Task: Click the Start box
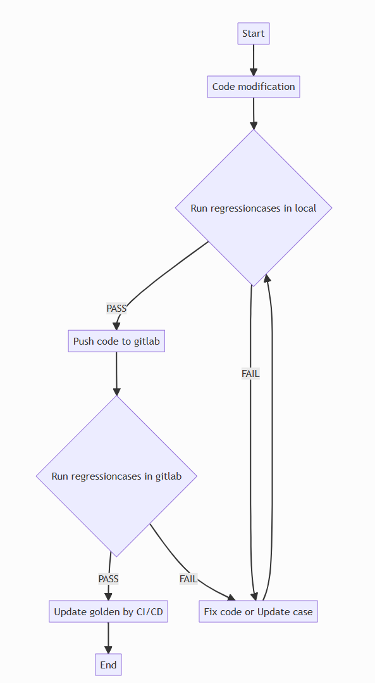coord(254,34)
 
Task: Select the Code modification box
coord(254,87)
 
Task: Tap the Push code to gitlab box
coord(116,341)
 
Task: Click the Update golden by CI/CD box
coord(108,612)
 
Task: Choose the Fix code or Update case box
coord(258,612)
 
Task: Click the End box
coord(108,665)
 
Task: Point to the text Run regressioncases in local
coord(254,208)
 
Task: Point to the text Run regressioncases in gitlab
coord(116,476)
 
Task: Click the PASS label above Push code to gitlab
coord(116,309)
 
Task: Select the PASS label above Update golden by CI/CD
coord(108,578)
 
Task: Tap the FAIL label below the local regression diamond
coord(250,374)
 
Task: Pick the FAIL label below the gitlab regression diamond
coord(188,578)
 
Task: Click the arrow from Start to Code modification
coord(254,60)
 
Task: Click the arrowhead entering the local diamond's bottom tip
coord(268,279)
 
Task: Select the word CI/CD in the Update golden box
coord(149,612)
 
